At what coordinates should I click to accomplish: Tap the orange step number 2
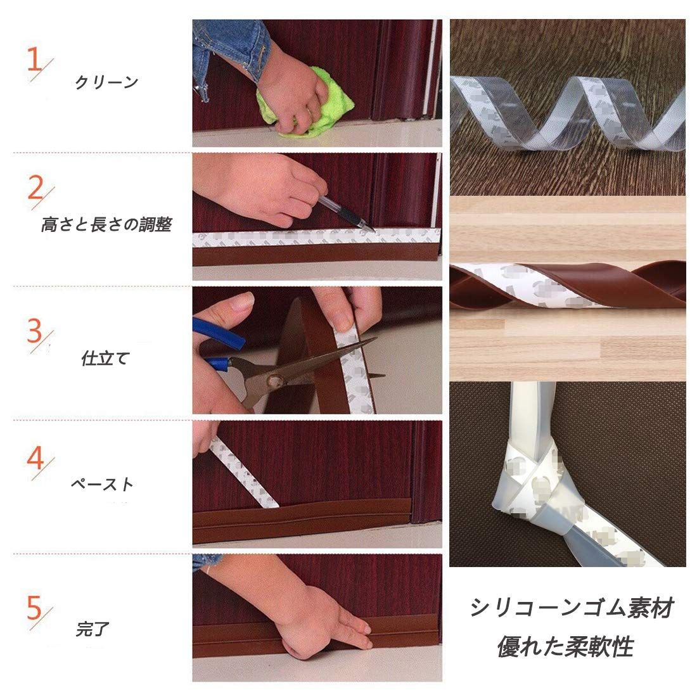(35, 188)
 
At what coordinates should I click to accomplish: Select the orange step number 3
(34, 331)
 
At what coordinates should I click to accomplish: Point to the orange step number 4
(35, 458)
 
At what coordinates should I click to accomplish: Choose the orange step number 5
(34, 608)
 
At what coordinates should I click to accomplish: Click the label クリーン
(106, 82)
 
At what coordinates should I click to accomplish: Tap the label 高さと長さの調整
(106, 224)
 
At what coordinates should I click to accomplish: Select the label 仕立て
(105, 358)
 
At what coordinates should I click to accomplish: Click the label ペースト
(102, 484)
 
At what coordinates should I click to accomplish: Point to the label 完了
(93, 629)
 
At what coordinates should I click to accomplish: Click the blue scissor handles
(218, 342)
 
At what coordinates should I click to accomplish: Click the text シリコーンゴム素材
(573, 608)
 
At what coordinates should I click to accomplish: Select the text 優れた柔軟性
(565, 646)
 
